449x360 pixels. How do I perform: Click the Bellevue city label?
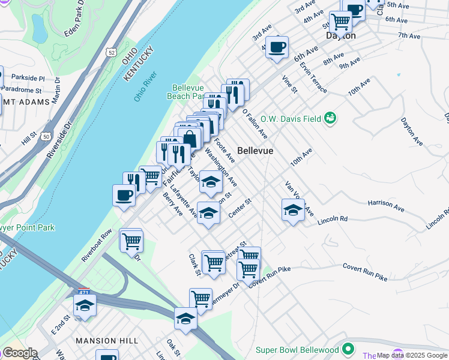(x=255, y=151)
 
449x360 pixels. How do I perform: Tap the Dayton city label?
(x=340, y=36)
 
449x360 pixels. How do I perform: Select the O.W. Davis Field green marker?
(x=330, y=118)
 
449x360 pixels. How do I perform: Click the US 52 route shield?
(x=112, y=53)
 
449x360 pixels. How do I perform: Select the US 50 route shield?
(x=46, y=137)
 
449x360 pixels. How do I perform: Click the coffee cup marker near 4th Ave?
(x=277, y=47)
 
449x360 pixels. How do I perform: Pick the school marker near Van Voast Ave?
(x=292, y=210)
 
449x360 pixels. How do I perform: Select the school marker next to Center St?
(x=208, y=214)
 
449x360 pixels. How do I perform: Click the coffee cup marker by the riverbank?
(x=124, y=195)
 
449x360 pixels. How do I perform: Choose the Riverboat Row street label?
(x=97, y=245)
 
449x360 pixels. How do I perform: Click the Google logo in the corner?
(x=19, y=353)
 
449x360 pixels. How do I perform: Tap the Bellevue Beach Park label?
(x=190, y=91)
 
